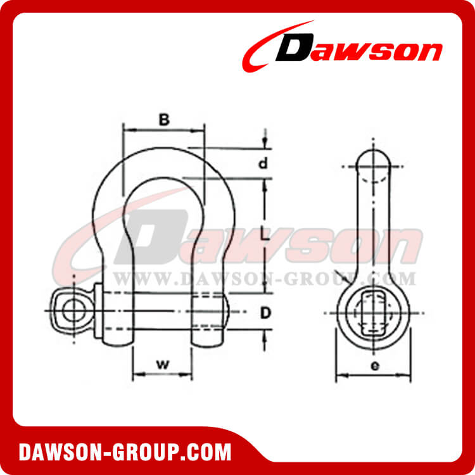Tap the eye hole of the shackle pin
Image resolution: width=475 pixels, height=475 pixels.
(x=75, y=311)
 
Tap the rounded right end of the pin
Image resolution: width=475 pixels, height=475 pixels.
(x=227, y=311)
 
